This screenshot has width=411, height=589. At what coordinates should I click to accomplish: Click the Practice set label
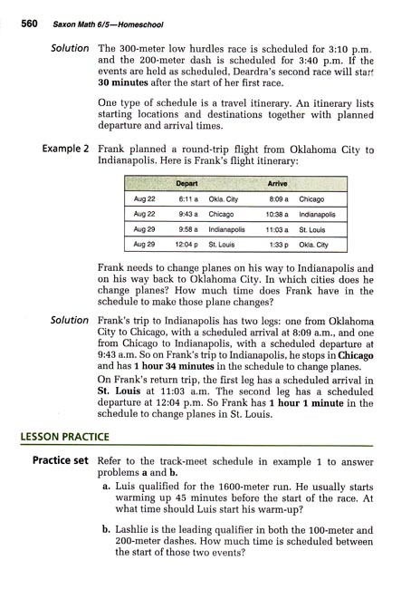[x=58, y=459]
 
